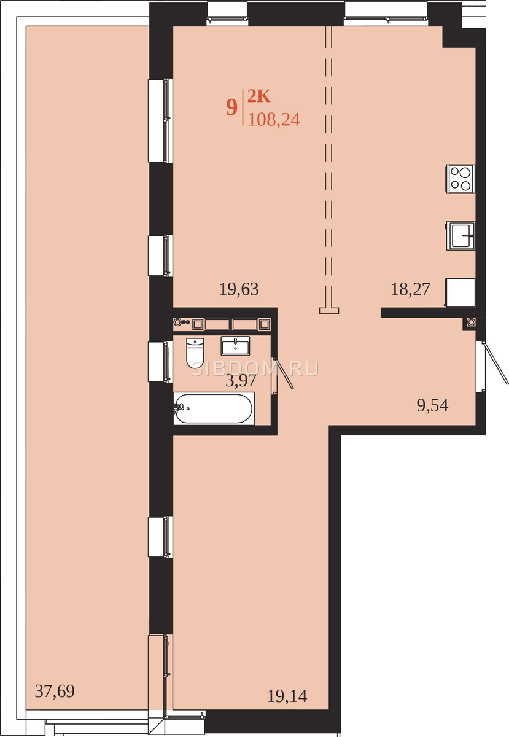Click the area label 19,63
tap(239, 289)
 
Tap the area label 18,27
tap(410, 289)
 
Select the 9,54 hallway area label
tap(432, 405)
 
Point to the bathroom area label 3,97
tap(241, 381)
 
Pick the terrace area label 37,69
tap(55, 692)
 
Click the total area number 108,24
tap(274, 119)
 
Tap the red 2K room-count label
tap(258, 96)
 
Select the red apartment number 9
tap(231, 107)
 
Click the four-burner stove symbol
tap(460, 179)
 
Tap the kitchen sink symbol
tap(460, 236)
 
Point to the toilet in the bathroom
tap(195, 353)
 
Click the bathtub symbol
tap(214, 408)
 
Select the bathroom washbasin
tap(235, 346)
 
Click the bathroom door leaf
tap(283, 373)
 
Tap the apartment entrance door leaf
tap(495, 362)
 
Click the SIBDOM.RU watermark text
tap(255, 368)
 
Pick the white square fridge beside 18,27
tap(460, 292)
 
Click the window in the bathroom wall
tap(160, 362)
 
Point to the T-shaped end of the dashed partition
tap(329, 310)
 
